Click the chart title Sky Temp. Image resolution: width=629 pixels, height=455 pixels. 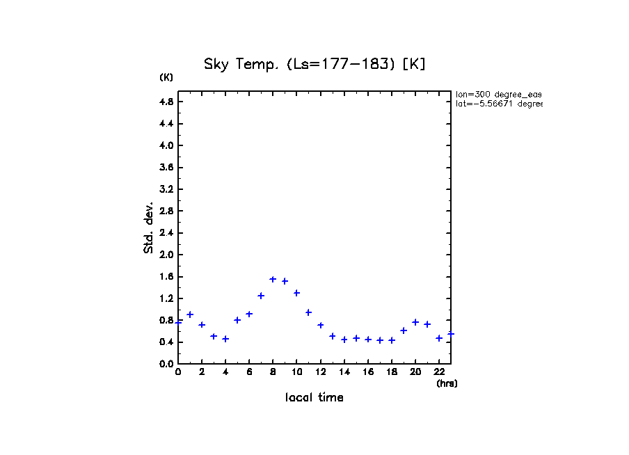(x=314, y=64)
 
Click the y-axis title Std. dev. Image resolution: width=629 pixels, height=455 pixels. (x=149, y=227)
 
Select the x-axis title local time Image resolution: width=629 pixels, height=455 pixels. (x=314, y=398)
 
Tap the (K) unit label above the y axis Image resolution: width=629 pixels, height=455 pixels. (x=166, y=77)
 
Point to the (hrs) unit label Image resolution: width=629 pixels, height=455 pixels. (x=447, y=383)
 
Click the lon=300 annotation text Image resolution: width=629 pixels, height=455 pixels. (x=498, y=94)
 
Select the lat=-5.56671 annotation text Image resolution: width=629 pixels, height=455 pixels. (x=498, y=104)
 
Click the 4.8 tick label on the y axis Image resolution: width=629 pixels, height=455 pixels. (x=166, y=102)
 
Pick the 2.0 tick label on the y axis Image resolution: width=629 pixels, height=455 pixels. (x=166, y=255)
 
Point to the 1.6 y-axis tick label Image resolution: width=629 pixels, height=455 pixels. (x=166, y=277)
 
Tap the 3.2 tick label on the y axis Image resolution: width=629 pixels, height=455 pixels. (x=166, y=189)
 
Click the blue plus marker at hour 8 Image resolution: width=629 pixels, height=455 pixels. (x=273, y=280)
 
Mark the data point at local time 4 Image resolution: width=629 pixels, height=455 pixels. (x=225, y=339)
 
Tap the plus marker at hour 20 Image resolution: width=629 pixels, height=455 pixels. (x=415, y=322)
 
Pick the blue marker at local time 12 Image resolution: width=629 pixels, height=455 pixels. (x=321, y=325)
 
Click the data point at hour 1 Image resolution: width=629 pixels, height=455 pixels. (x=190, y=314)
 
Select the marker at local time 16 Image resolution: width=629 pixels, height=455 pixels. (x=368, y=340)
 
